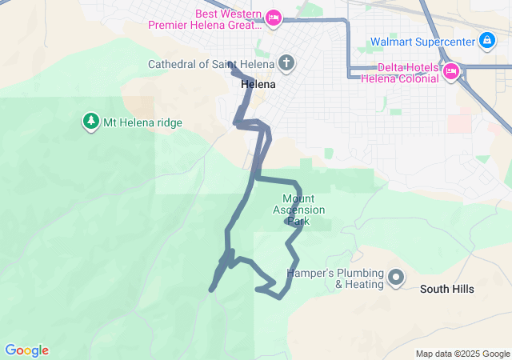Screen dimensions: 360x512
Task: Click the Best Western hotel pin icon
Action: coord(274,17)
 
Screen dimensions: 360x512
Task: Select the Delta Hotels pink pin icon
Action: coord(450,71)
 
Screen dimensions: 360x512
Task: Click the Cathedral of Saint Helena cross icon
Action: coord(286,63)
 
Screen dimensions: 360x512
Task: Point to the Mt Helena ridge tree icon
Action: coord(90,122)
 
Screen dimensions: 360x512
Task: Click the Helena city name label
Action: coord(258,84)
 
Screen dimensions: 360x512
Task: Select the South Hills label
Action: coord(447,289)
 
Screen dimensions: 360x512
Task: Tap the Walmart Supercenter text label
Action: coord(422,42)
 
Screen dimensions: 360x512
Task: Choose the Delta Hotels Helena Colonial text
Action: coord(399,72)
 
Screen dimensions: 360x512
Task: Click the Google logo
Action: coord(26,350)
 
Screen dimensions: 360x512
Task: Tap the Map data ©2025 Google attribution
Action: coord(462,354)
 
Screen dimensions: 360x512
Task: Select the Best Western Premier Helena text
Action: coord(206,18)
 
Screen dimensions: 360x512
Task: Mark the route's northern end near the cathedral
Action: coord(230,64)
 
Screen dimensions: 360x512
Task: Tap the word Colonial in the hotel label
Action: coord(418,78)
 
